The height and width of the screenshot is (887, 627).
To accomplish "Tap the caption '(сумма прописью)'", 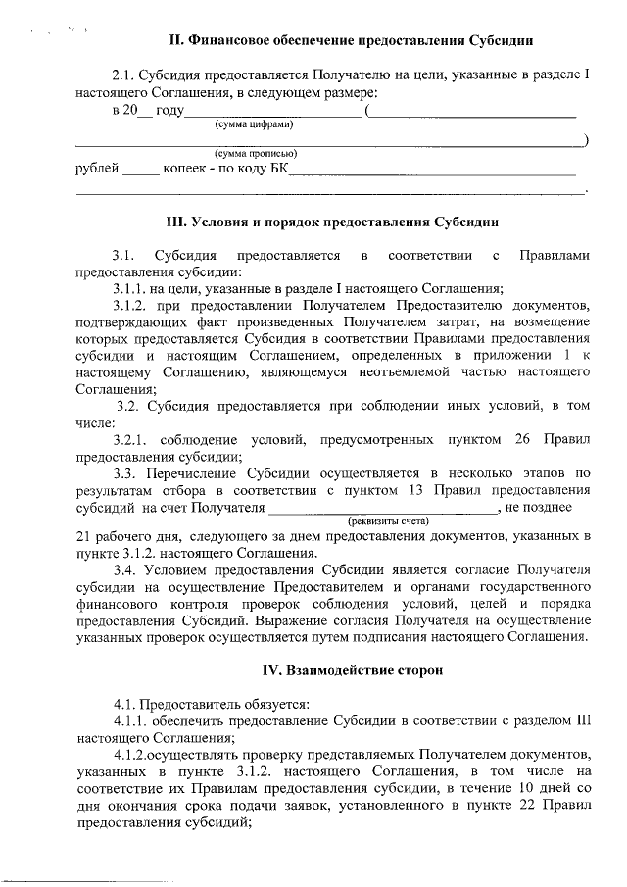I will (256, 154).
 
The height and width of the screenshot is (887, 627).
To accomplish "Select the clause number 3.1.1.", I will (129, 288).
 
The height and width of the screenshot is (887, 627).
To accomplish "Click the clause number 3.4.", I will (124, 570).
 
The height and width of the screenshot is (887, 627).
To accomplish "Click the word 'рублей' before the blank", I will (97, 169).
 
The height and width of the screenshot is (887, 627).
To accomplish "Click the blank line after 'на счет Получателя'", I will (382, 508).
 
